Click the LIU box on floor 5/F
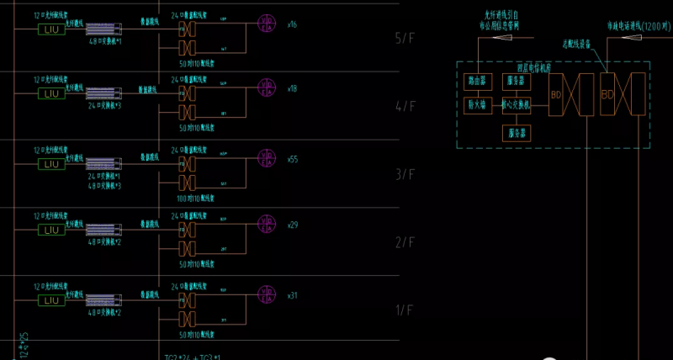(x=49, y=29)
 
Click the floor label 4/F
(x=405, y=106)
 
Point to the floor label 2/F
(x=405, y=242)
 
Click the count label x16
(x=292, y=24)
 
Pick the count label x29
(x=292, y=225)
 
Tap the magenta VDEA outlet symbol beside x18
(x=267, y=87)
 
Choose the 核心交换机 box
(x=514, y=105)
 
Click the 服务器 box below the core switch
(x=514, y=133)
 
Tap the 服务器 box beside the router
(x=514, y=82)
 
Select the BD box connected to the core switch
(x=556, y=94)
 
